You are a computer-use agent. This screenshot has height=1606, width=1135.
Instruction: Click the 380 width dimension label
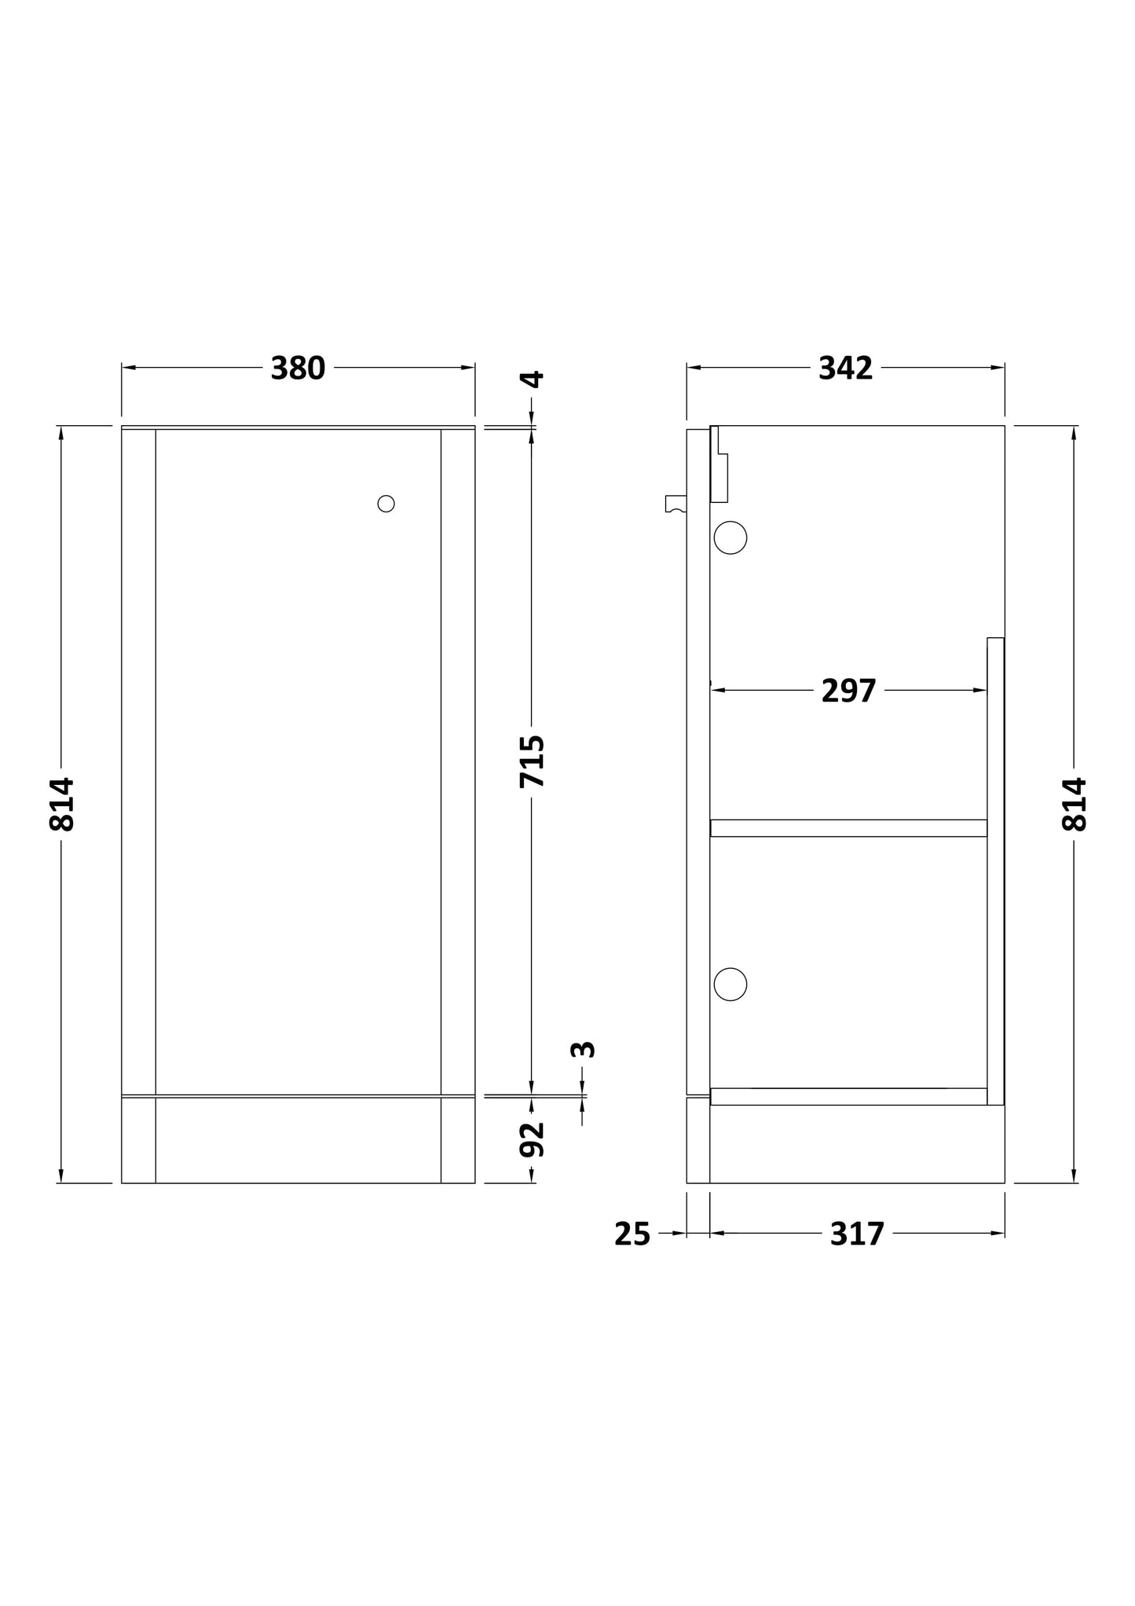point(298,368)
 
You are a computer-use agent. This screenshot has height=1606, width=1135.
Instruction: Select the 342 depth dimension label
point(845,368)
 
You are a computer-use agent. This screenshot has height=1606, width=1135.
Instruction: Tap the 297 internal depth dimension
point(848,691)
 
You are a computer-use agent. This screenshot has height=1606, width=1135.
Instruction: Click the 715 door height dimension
point(532,761)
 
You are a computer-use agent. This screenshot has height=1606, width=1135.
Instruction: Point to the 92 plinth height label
point(532,1139)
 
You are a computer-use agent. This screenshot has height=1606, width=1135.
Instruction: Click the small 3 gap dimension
point(583,1049)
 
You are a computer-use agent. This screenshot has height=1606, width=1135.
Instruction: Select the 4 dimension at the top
point(533,379)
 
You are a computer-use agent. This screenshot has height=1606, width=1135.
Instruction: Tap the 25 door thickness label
point(632,1234)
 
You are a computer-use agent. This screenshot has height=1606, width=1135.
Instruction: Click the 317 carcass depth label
point(857,1234)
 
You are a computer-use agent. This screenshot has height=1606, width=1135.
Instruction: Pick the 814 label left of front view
point(62,804)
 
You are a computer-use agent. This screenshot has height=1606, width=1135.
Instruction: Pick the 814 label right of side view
point(1075,804)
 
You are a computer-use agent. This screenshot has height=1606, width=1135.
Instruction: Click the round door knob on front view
point(386,504)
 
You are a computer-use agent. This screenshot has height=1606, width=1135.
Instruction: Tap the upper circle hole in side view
point(730,537)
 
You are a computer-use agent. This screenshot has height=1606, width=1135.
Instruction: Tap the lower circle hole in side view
point(730,984)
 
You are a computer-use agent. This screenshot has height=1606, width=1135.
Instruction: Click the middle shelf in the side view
point(848,828)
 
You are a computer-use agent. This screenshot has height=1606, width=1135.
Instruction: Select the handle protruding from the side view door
point(675,504)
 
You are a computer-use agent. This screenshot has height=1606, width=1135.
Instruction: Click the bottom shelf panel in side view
point(848,1096)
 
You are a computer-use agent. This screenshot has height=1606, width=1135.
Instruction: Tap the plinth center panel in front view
point(298,1140)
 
